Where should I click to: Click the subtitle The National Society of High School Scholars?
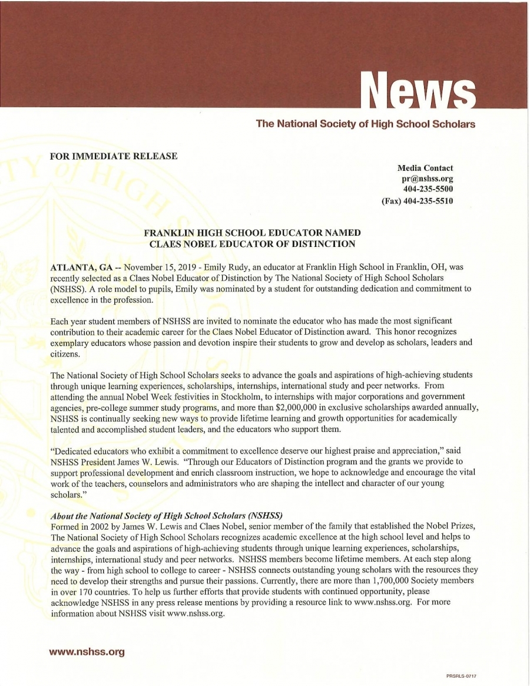(365, 124)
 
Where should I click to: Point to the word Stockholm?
(218, 395)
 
